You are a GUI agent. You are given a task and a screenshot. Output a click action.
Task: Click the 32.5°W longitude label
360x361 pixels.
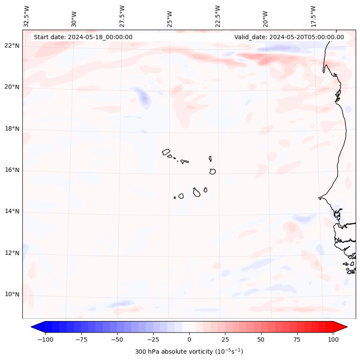(x=27, y=16)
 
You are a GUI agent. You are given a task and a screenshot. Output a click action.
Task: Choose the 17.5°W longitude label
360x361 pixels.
(x=313, y=16)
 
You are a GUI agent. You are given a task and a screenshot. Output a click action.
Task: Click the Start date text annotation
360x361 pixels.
(x=83, y=37)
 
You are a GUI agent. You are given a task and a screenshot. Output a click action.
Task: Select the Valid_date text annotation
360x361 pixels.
(x=289, y=37)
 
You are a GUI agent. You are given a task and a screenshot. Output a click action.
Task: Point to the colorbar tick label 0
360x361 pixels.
(x=189, y=339)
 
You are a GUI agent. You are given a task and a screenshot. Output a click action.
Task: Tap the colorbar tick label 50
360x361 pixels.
(x=261, y=339)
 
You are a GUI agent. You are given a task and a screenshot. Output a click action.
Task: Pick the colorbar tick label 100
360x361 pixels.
(x=333, y=339)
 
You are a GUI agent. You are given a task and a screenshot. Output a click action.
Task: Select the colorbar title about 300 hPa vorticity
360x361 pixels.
(x=189, y=352)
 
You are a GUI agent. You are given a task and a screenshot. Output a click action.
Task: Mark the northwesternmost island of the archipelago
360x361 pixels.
(x=166, y=151)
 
